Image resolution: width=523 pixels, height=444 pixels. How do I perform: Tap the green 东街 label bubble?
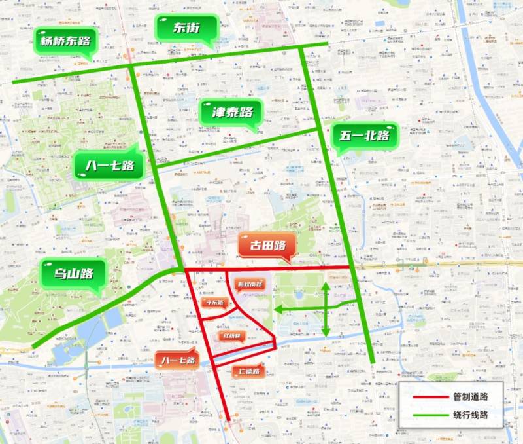coord(186,28)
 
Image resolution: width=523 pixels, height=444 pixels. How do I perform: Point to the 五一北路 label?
coord(364,137)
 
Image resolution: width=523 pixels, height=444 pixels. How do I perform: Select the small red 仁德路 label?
coord(249,372)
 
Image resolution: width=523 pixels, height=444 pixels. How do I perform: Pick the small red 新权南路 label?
coord(249,284)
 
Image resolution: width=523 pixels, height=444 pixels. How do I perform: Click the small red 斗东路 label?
coord(214,303)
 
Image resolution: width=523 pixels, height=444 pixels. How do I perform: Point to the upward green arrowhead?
coord(326,286)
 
